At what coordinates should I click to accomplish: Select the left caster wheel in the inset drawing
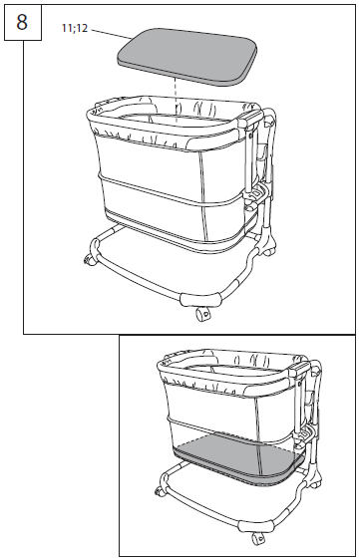(x=158, y=492)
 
